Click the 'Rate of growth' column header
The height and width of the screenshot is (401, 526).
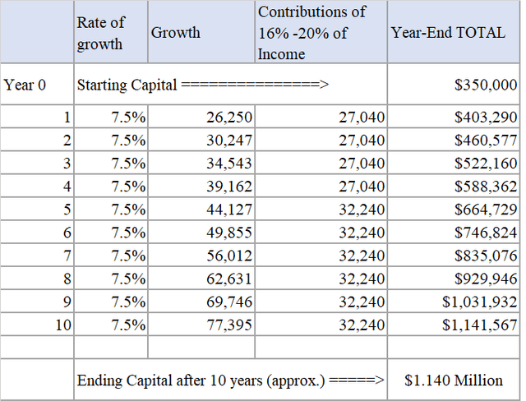(x=100, y=34)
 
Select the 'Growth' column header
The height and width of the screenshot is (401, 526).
(x=175, y=33)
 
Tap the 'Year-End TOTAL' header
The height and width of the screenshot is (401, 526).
(x=448, y=33)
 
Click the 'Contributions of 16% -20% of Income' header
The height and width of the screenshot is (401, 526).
(x=311, y=33)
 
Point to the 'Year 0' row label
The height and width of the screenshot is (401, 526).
(x=25, y=85)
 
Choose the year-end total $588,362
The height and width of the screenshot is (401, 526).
(x=485, y=187)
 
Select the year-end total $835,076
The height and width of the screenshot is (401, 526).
(x=485, y=256)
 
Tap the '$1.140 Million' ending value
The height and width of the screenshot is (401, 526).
(x=454, y=380)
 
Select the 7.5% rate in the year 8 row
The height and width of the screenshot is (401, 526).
(x=128, y=279)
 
